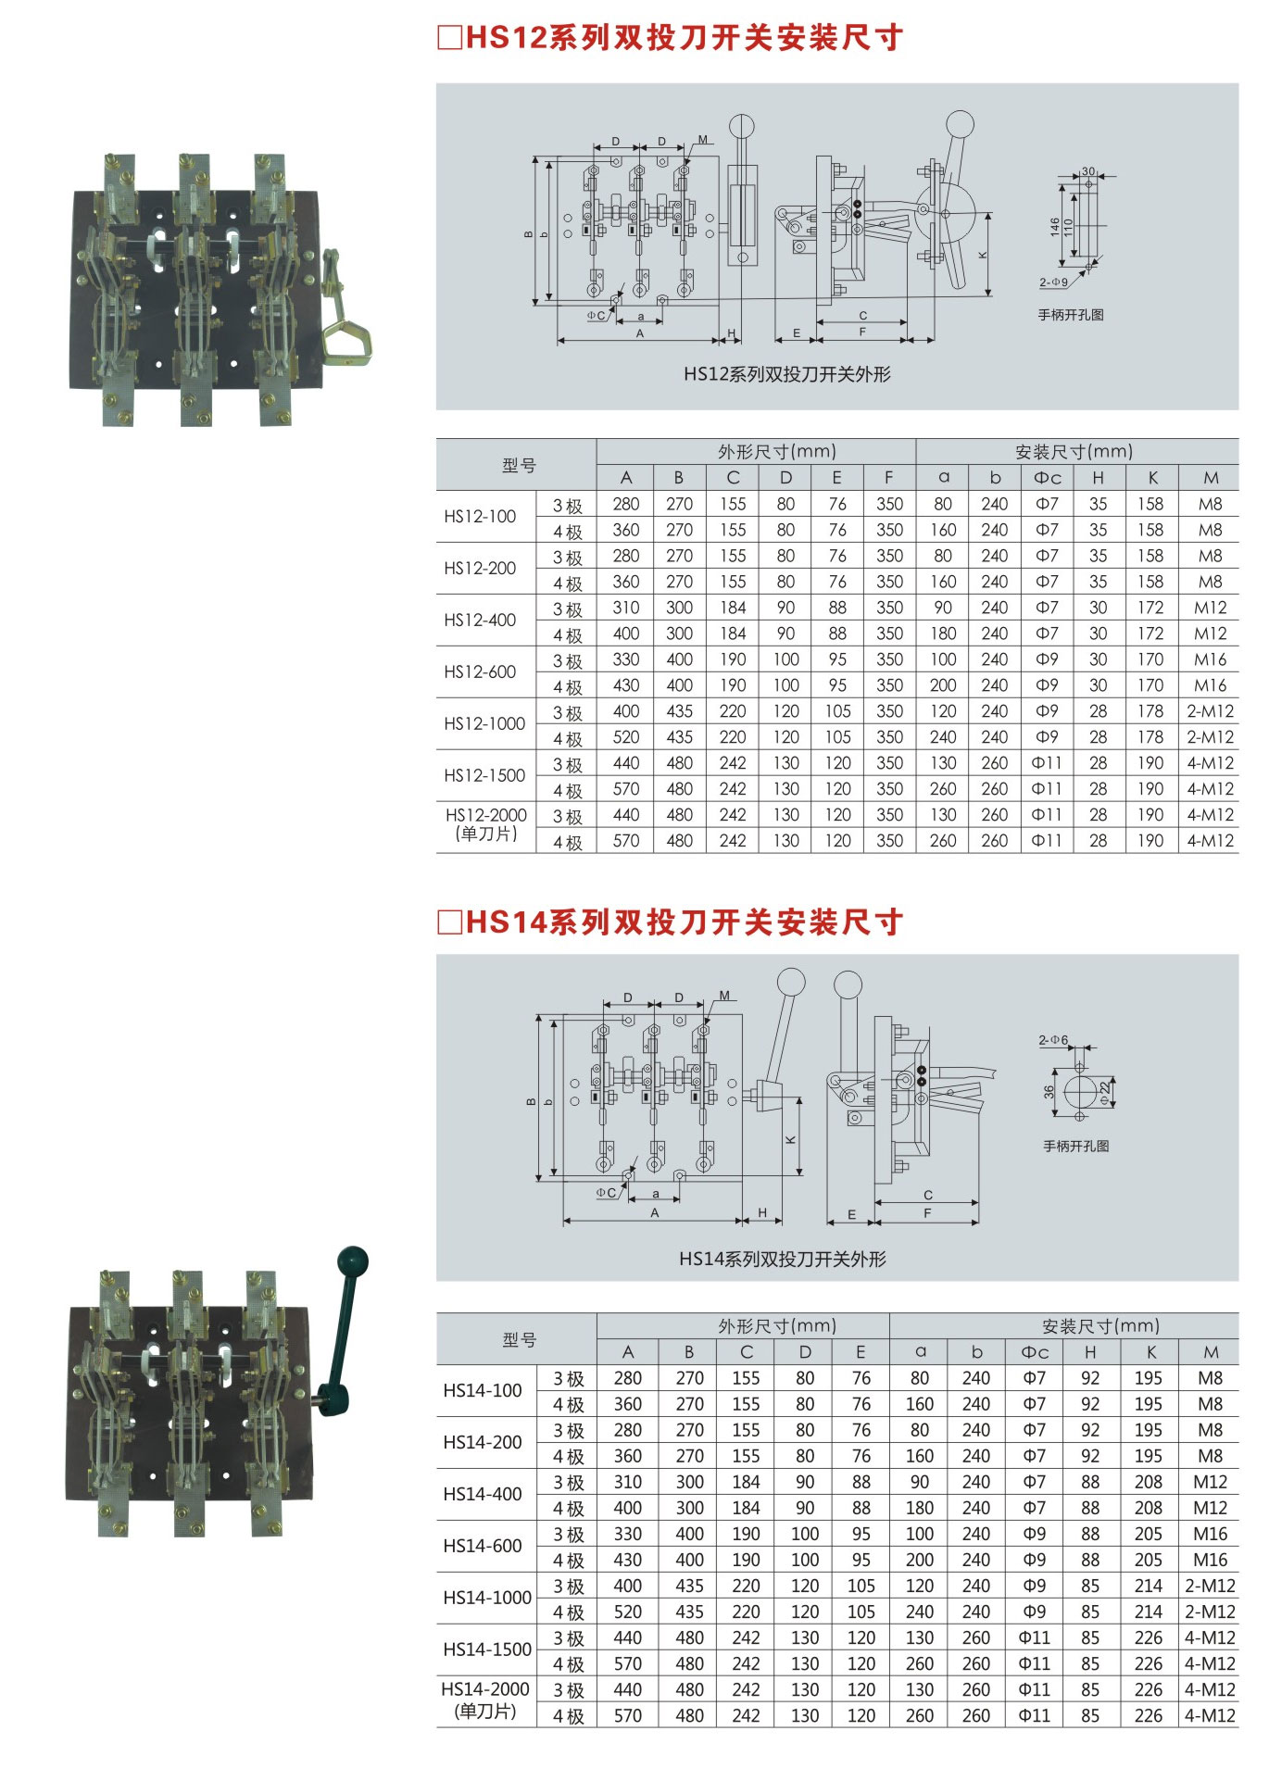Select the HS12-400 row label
pyautogui.click(x=480, y=621)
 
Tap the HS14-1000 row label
pyautogui.click(x=487, y=1598)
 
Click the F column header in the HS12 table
pyautogui.click(x=888, y=478)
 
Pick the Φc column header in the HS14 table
pyautogui.click(x=1034, y=1352)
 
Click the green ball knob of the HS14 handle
pyautogui.click(x=353, y=1261)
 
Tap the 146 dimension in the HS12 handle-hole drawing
pyautogui.click(x=1055, y=227)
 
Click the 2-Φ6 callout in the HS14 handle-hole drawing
pyautogui.click(x=1053, y=1040)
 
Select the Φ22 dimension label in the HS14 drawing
pyautogui.click(x=1105, y=1092)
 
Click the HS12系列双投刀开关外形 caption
pyautogui.click(x=786, y=374)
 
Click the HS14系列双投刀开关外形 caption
pyautogui.click(x=783, y=1259)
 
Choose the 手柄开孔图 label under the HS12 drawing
pyautogui.click(x=1070, y=315)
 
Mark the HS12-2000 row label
pyautogui.click(x=486, y=824)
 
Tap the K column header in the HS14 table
pyautogui.click(x=1151, y=1352)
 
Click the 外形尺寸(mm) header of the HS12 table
pyautogui.click(x=777, y=452)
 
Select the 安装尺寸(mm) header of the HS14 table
pyautogui.click(x=1100, y=1326)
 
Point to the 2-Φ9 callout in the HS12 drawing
pyautogui.click(x=1053, y=282)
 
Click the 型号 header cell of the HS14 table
pyautogui.click(x=519, y=1339)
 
